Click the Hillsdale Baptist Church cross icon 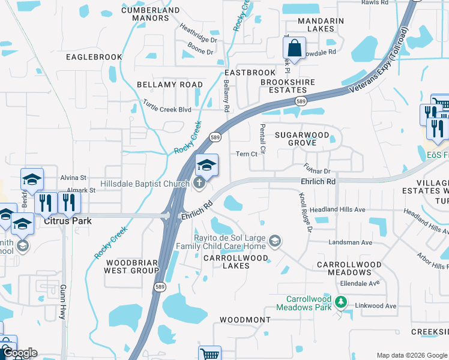pyautogui.click(x=199, y=184)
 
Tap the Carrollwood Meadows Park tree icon pyautogui.click(x=341, y=301)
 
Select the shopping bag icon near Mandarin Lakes pyautogui.click(x=295, y=47)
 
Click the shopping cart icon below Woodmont pyautogui.click(x=210, y=354)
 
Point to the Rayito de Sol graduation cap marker pyautogui.click(x=275, y=241)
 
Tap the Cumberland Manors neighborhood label pyautogui.click(x=150, y=14)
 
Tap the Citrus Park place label pyautogui.click(x=67, y=221)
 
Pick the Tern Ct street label pyautogui.click(x=247, y=154)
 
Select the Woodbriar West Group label pyautogui.click(x=131, y=266)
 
